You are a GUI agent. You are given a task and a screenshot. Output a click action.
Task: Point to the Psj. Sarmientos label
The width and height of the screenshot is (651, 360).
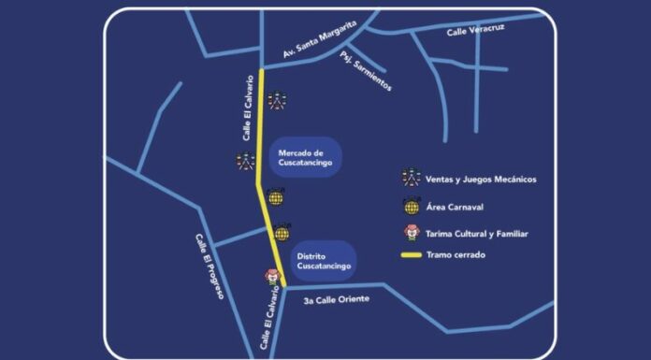click(x=367, y=72)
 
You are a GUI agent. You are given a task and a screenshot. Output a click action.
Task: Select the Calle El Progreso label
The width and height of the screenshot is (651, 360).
click(x=209, y=266)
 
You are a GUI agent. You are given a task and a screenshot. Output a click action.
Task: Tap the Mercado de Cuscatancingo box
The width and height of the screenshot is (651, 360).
click(x=301, y=158)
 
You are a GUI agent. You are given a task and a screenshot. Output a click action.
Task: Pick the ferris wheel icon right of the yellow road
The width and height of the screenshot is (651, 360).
click(x=278, y=101)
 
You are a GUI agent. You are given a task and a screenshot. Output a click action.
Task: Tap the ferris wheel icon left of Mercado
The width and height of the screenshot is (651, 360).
click(x=245, y=161)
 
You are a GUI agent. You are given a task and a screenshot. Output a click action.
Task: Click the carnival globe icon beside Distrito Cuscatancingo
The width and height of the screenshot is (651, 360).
click(x=282, y=233)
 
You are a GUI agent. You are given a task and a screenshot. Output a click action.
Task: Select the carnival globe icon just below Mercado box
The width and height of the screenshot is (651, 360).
click(x=274, y=197)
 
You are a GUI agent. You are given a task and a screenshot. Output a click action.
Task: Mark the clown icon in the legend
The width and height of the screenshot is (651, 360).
click(x=411, y=234)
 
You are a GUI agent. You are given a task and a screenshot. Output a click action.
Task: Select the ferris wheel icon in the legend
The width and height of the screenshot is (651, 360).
click(x=411, y=178)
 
